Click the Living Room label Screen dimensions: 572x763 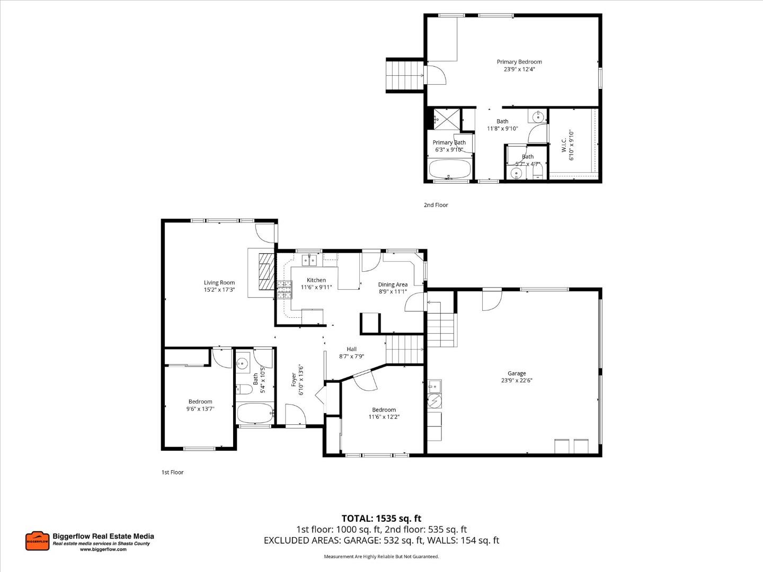(219, 283)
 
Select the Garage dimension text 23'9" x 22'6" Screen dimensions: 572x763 (517, 380)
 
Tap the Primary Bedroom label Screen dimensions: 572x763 (519, 62)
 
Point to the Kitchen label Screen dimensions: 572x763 (316, 280)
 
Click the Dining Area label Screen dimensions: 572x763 (393, 285)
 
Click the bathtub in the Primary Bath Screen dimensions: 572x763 (449, 170)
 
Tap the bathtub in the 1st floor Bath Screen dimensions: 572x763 (255, 413)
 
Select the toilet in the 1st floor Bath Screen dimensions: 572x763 (244, 389)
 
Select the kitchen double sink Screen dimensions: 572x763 (309, 260)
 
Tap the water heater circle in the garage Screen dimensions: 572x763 (434, 401)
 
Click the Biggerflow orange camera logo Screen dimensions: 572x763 (37, 541)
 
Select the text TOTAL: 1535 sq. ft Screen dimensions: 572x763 (381, 519)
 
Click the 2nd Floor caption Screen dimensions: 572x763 (436, 205)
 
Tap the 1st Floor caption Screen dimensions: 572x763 (172, 472)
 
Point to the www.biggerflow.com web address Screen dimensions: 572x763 (103, 550)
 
